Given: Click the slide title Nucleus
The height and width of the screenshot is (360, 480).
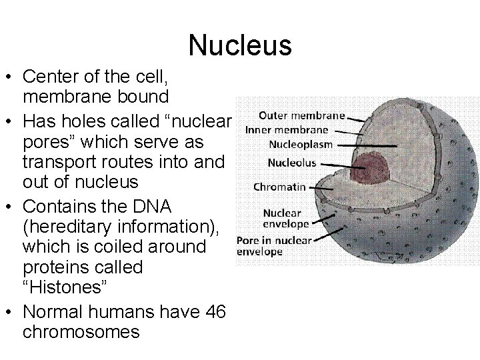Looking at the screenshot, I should (x=240, y=45).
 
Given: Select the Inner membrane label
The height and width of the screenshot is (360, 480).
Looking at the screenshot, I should (x=296, y=129).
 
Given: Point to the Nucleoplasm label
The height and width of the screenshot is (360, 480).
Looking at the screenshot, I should (x=300, y=144).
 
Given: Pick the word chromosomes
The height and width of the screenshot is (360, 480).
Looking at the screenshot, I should (x=82, y=332).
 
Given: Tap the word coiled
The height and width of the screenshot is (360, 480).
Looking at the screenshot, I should (x=138, y=247).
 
